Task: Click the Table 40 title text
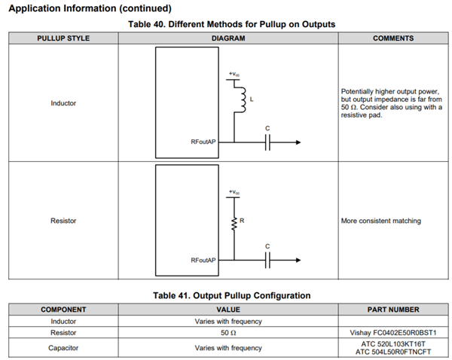pyautogui.click(x=227, y=24)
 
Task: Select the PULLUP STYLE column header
pyautogui.click(x=63, y=38)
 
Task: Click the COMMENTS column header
pyautogui.click(x=393, y=38)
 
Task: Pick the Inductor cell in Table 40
pyautogui.click(x=63, y=102)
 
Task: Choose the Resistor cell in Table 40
pyautogui.click(x=63, y=221)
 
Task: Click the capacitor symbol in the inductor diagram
pyautogui.click(x=267, y=142)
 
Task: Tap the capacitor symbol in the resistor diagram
pyautogui.click(x=267, y=260)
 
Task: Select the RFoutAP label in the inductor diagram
pyautogui.click(x=203, y=142)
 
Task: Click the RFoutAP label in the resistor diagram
pyautogui.click(x=203, y=260)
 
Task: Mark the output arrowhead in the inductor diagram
pyautogui.click(x=298, y=142)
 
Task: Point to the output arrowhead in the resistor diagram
pyautogui.click(x=298, y=260)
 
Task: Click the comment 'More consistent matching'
pyautogui.click(x=381, y=221)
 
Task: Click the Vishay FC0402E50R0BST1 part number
pyautogui.click(x=393, y=331)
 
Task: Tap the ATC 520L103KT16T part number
pyautogui.click(x=393, y=343)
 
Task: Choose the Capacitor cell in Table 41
pyautogui.click(x=63, y=347)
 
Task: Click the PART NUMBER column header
pyautogui.click(x=393, y=309)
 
